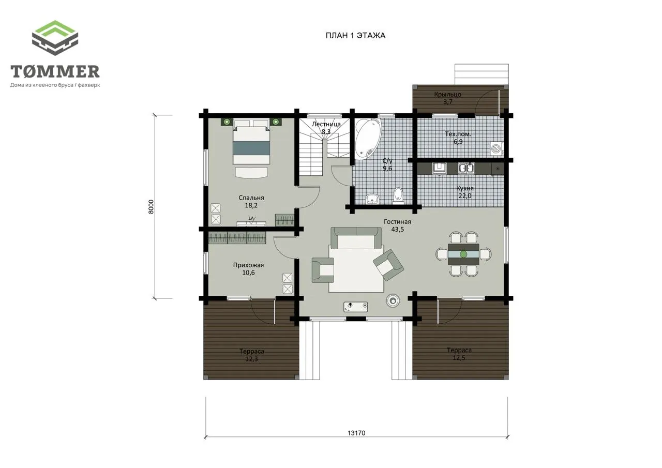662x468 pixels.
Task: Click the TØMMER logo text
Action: click(x=55, y=71)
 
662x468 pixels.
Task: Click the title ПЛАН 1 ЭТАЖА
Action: click(x=355, y=36)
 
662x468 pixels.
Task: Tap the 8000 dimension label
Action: click(x=151, y=207)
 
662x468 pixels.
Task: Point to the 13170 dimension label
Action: click(x=356, y=433)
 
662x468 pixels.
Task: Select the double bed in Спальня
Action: click(x=251, y=142)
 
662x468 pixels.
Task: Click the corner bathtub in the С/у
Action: click(x=368, y=139)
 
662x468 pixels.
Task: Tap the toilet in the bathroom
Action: click(x=398, y=195)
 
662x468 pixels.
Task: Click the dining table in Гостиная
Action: click(x=463, y=254)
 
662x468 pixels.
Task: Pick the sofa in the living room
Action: click(x=356, y=238)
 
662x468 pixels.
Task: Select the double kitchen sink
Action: click(x=466, y=169)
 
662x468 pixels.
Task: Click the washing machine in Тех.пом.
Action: click(x=496, y=148)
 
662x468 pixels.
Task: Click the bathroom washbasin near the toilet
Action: click(x=372, y=199)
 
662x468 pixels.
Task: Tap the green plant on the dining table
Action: click(x=463, y=254)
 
